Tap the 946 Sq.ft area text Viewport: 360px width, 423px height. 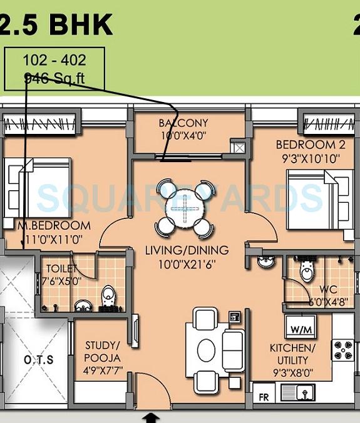[54, 79]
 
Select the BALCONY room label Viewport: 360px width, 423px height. [183, 123]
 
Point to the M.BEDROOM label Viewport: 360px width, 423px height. [54, 225]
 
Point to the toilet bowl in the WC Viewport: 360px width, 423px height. [307, 270]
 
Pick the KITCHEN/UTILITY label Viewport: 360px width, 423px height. [292, 354]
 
